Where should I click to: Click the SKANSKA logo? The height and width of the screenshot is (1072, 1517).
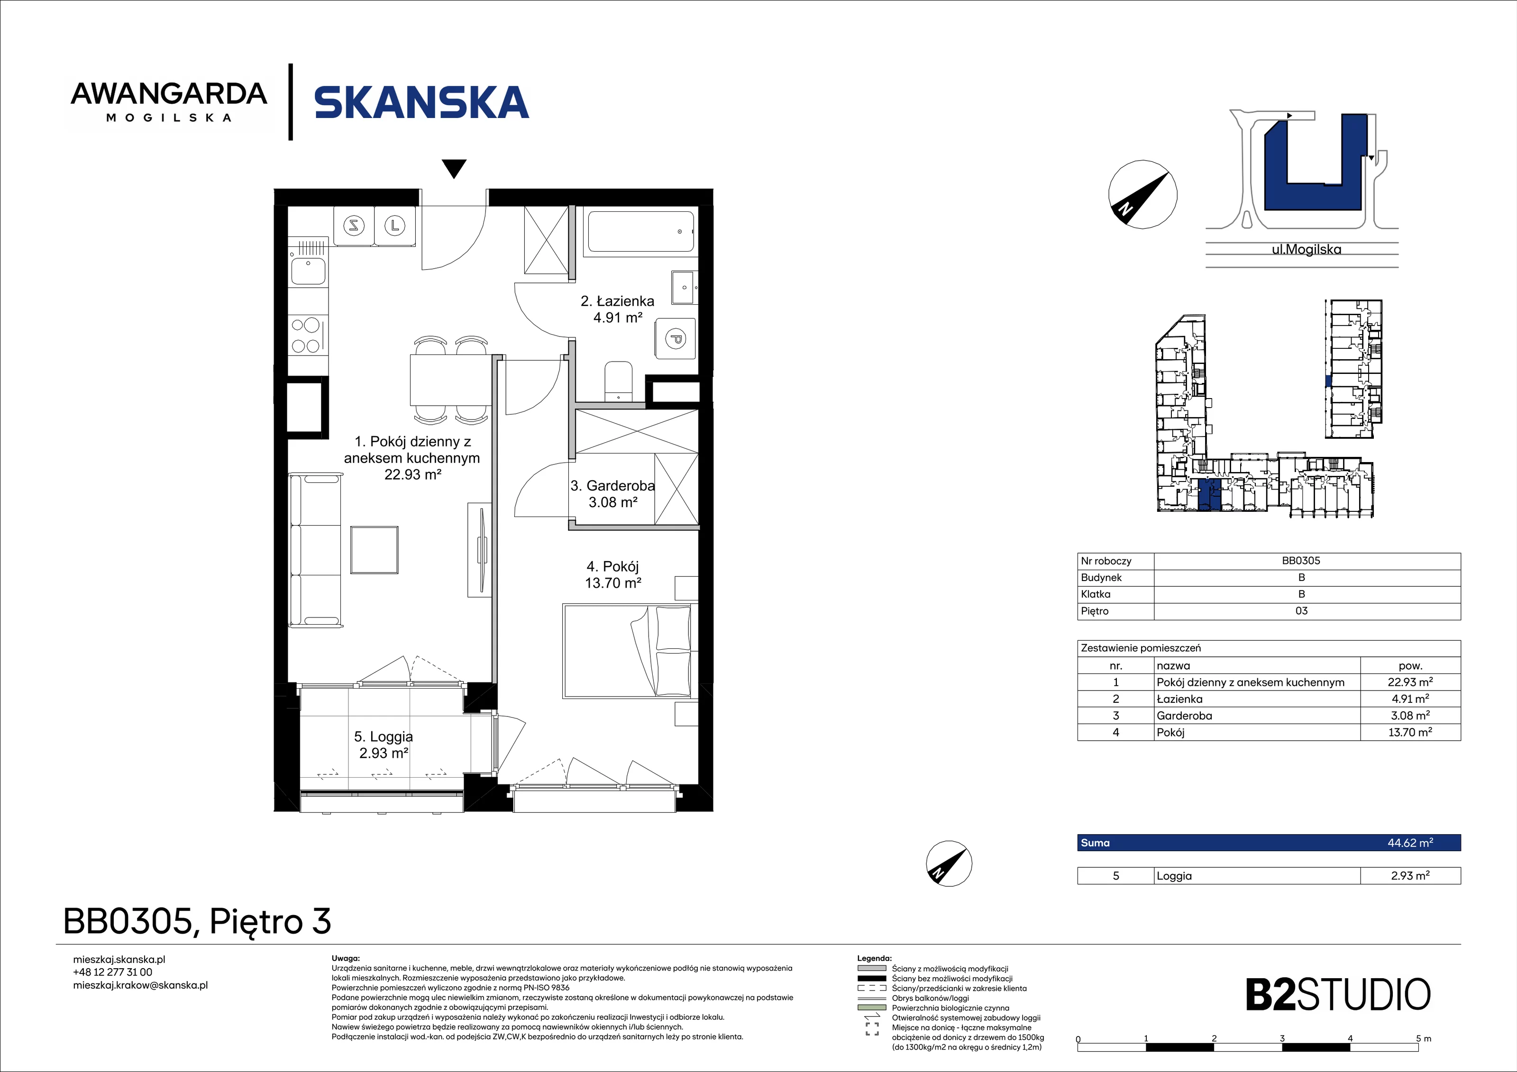(x=421, y=102)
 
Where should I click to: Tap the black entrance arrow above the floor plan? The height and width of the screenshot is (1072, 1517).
(x=454, y=168)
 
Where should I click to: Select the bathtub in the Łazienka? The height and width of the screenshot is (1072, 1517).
(x=640, y=232)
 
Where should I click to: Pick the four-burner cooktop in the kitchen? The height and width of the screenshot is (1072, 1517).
(x=307, y=335)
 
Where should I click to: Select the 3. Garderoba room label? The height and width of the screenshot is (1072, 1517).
(x=612, y=493)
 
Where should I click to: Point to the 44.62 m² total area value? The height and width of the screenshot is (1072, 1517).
(x=1410, y=843)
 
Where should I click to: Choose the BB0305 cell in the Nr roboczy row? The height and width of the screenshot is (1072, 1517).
(x=1301, y=561)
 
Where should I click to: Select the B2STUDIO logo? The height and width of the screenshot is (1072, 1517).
(x=1338, y=995)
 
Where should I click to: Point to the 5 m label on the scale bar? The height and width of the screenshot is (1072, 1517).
(x=1423, y=1039)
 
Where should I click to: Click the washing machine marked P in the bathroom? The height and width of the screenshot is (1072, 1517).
(x=675, y=339)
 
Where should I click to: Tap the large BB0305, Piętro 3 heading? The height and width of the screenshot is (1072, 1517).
(x=197, y=921)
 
